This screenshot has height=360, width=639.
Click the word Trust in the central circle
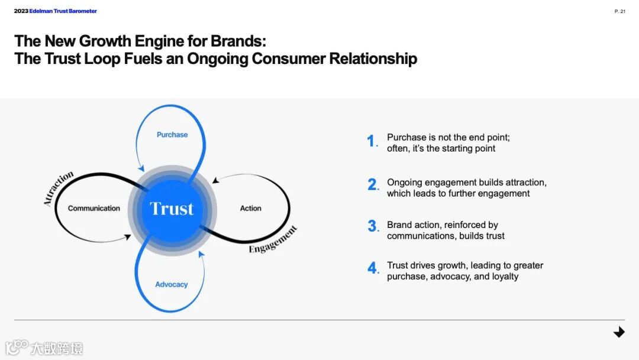coord(172,208)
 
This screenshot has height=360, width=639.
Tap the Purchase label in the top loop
coord(172,135)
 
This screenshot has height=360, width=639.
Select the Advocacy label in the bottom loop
coord(172,285)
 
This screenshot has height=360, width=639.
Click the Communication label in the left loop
coord(93,208)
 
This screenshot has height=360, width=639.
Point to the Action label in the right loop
coord(250,208)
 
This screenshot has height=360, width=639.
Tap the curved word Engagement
coord(273,240)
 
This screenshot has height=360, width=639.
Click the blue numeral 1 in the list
coord(371,142)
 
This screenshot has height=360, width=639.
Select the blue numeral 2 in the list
coord(372,185)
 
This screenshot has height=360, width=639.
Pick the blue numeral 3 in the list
coord(372,226)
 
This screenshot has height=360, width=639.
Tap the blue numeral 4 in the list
coord(372,268)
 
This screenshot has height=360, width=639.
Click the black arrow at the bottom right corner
coord(619,332)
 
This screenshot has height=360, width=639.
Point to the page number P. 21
coord(619,11)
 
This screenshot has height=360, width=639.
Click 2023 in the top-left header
coord(21,11)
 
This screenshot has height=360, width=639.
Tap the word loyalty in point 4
coord(505,277)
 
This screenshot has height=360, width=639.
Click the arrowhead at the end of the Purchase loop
coord(140,168)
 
